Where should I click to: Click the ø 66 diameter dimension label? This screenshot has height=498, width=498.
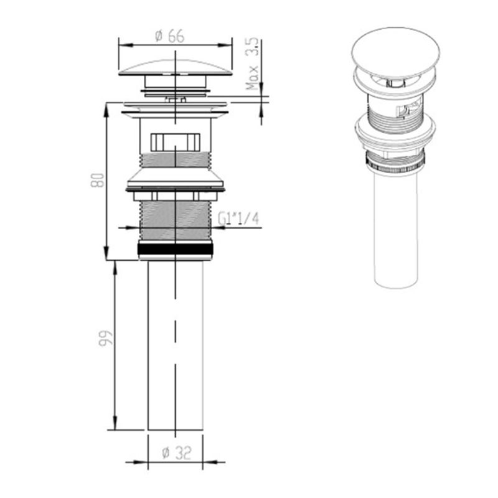(x=169, y=36)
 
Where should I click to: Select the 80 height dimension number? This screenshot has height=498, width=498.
(x=98, y=180)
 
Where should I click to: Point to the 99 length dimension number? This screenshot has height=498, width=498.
(x=106, y=339)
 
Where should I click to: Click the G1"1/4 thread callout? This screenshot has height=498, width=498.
(x=238, y=218)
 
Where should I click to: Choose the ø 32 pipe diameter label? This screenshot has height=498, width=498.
(x=177, y=453)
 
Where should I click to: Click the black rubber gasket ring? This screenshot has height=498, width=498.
(x=176, y=248)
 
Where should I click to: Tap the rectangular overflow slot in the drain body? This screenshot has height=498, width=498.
(x=176, y=142)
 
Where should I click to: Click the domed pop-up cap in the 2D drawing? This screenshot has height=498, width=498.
(x=176, y=67)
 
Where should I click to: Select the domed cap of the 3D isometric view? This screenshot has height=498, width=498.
(x=396, y=52)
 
